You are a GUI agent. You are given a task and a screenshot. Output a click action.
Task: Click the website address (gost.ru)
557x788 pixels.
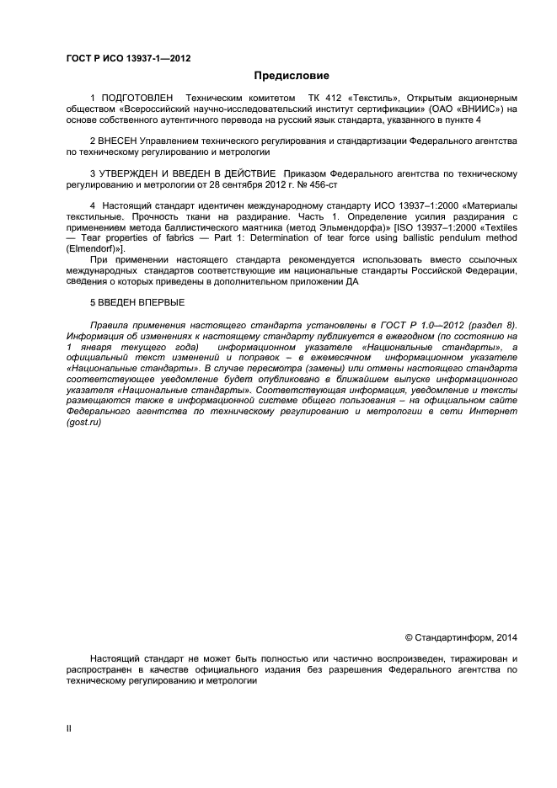[83, 423]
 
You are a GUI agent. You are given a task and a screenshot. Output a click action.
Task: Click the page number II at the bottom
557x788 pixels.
[69, 729]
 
